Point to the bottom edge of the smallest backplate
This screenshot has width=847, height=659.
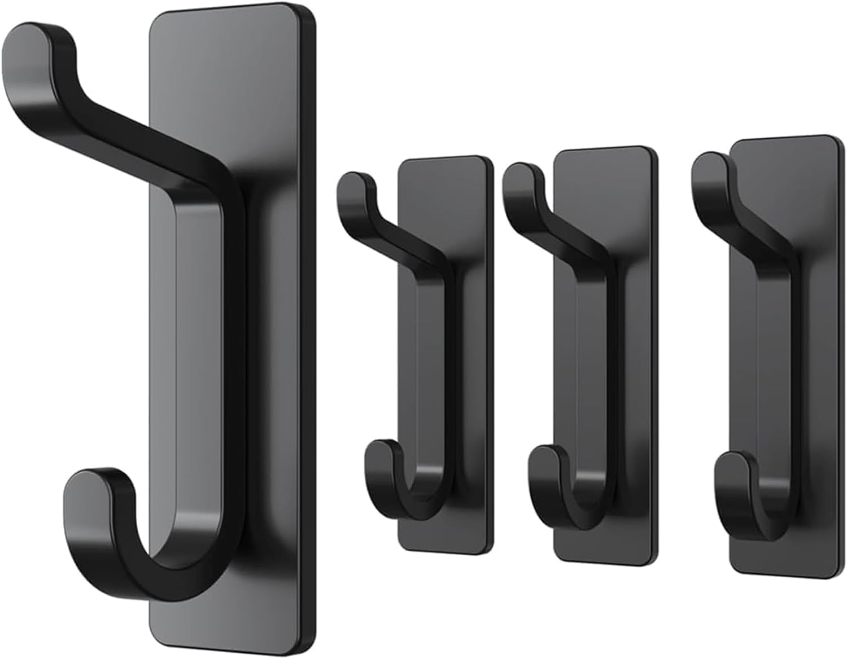446,547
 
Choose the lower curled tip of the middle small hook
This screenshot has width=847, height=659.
545,460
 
